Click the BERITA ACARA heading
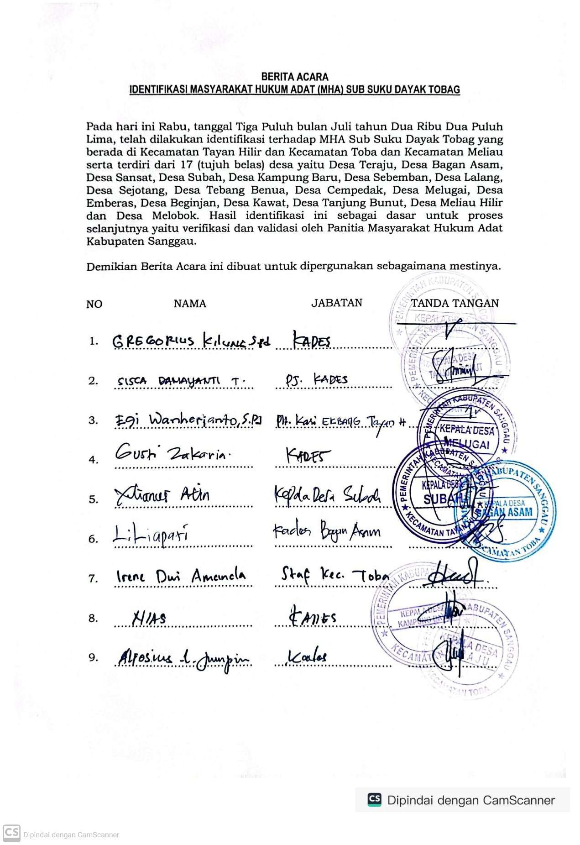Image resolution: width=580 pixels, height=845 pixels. [294, 77]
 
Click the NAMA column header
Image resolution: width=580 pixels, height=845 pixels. [189, 304]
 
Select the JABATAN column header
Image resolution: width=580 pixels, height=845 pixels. [337, 303]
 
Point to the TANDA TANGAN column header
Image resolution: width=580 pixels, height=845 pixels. [455, 303]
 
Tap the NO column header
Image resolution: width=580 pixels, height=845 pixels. [94, 304]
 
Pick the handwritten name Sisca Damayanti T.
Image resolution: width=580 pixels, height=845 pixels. [181, 381]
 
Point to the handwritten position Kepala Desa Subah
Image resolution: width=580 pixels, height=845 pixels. [327, 495]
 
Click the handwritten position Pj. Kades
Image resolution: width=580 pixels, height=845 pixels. [316, 379]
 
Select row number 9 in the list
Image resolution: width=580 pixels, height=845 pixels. [93, 658]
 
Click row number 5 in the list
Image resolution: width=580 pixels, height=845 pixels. [93, 499]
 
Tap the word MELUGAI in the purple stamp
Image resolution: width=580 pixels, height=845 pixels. [465, 444]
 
